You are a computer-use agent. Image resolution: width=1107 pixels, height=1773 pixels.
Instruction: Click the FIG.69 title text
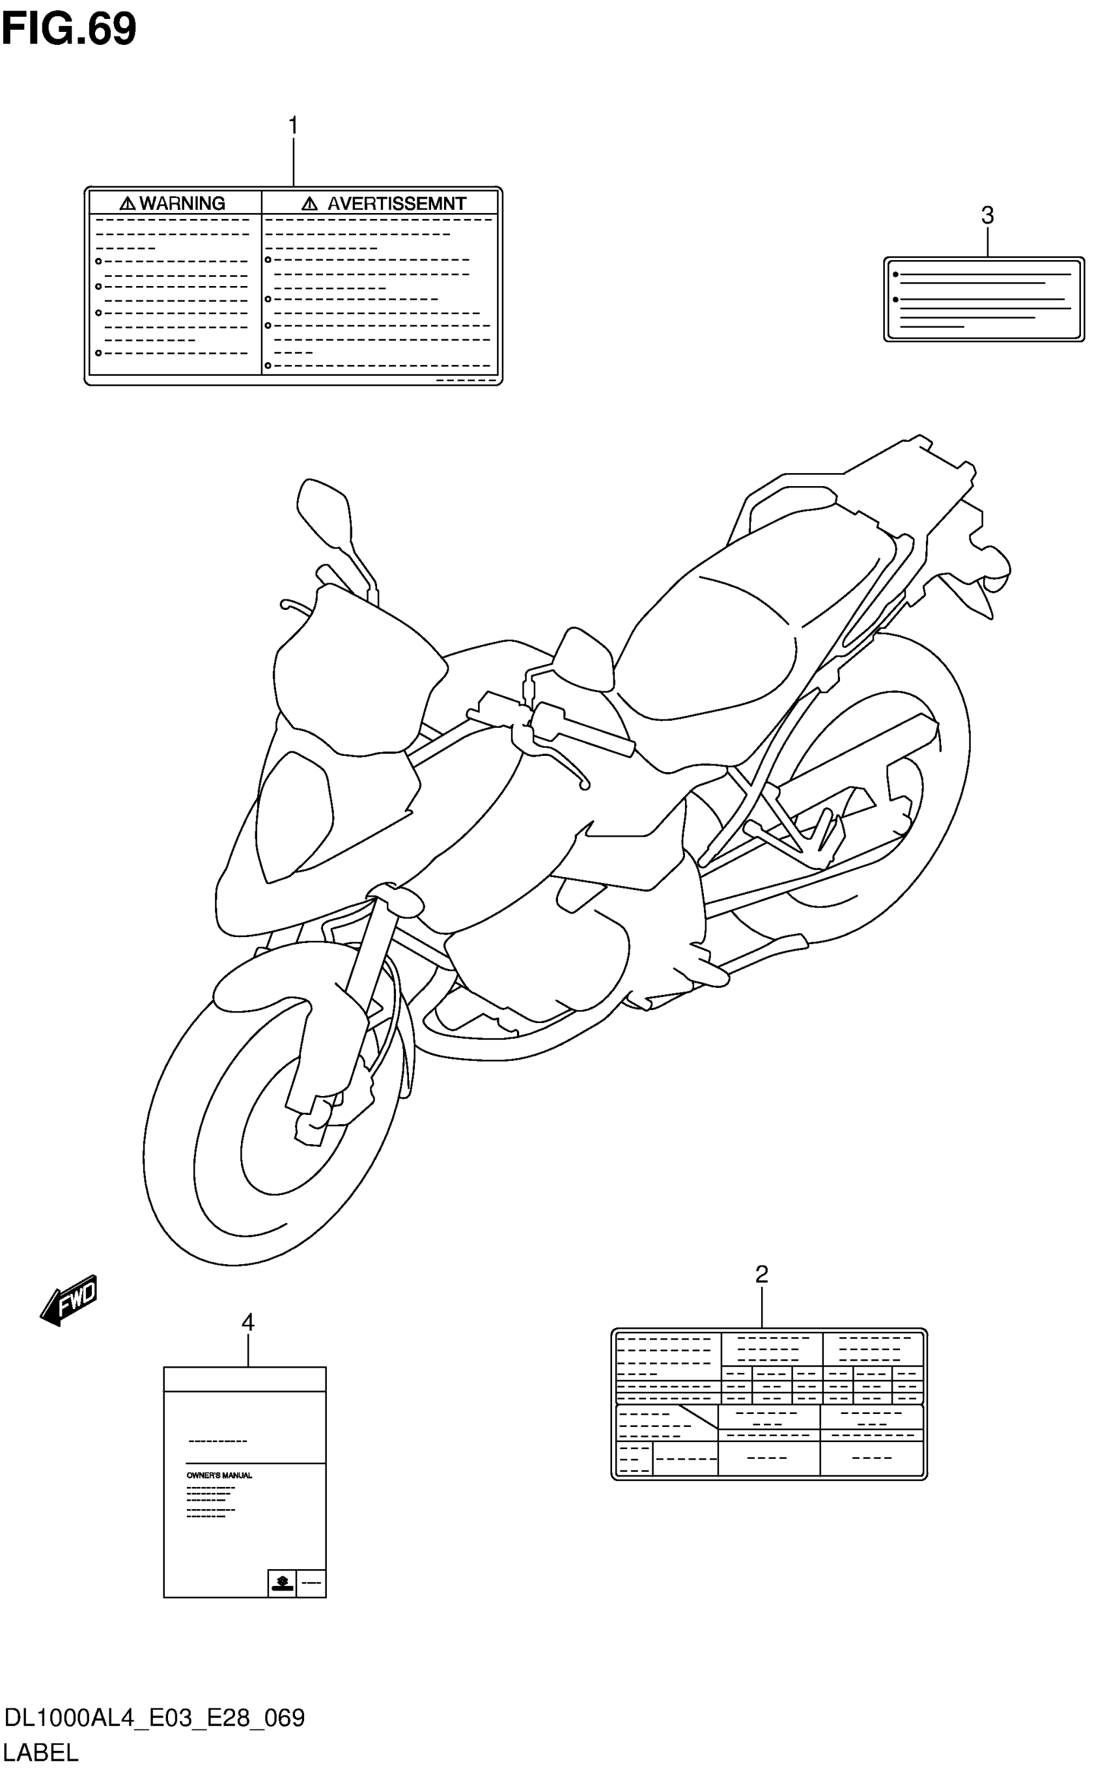pyautogui.click(x=69, y=29)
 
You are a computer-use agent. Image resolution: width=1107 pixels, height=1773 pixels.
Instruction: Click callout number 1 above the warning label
pyautogui.click(x=293, y=126)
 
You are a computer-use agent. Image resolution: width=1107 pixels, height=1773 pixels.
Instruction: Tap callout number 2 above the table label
pyautogui.click(x=761, y=1274)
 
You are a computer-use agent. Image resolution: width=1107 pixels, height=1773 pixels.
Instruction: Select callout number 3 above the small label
pyautogui.click(x=987, y=216)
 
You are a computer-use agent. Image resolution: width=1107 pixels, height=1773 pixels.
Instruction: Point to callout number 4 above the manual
pyautogui.click(x=248, y=1323)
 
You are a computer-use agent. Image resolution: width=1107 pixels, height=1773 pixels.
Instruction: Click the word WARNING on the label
pyautogui.click(x=182, y=203)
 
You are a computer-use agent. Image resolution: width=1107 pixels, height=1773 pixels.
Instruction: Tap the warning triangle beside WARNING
pyautogui.click(x=128, y=203)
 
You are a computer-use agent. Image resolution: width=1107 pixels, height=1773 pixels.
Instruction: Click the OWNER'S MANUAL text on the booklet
pyautogui.click(x=219, y=1475)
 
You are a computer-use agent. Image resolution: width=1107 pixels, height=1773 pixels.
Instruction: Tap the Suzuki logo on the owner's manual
pyautogui.click(x=282, y=1583)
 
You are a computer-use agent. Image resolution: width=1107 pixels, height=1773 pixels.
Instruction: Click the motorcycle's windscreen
pyautogui.click(x=352, y=682)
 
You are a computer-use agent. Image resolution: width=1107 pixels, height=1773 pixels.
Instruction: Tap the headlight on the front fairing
pyautogui.click(x=293, y=813)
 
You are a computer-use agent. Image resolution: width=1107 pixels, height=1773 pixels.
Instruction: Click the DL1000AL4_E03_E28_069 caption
pyautogui.click(x=154, y=1718)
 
